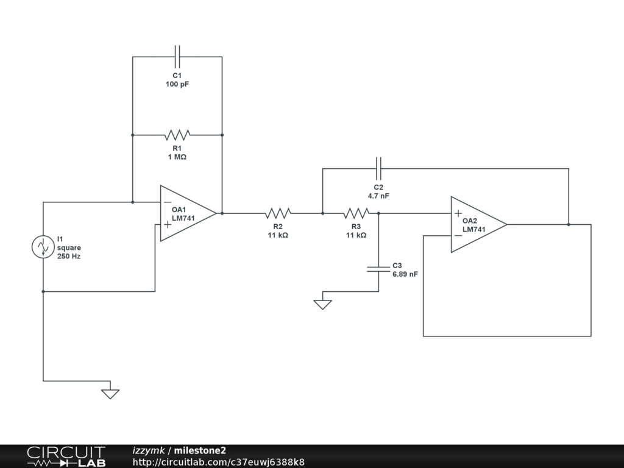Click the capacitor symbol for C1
tap(177, 57)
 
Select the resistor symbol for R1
tap(177, 135)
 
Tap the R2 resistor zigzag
tap(278, 213)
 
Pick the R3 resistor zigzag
tap(356, 213)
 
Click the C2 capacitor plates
tap(378, 169)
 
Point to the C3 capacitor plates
tap(378, 269)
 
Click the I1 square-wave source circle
tap(43, 247)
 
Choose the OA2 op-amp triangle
tap(479, 224)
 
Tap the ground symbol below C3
tap(323, 305)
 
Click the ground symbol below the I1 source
tap(110, 394)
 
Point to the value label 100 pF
tap(177, 84)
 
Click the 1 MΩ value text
tap(177, 157)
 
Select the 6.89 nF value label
tap(405, 274)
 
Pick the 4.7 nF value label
tap(378, 196)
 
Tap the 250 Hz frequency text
tap(69, 257)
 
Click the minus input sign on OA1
tap(168, 202)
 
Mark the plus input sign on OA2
tap(458, 214)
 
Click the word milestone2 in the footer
tap(200, 450)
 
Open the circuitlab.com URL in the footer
tap(219, 462)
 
